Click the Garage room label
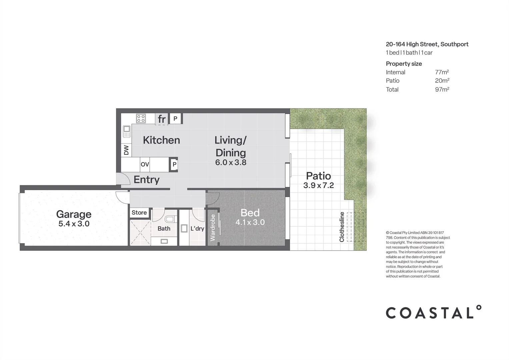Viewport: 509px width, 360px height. pyautogui.click(x=74, y=214)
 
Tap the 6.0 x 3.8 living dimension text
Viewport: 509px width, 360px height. pyautogui.click(x=231, y=163)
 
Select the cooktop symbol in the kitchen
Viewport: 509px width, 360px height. pyautogui.click(x=141, y=118)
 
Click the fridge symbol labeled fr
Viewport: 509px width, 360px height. pyautogui.click(x=162, y=119)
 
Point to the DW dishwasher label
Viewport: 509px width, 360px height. pyautogui.click(x=126, y=150)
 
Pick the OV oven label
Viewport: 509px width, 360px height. pyautogui.click(x=145, y=164)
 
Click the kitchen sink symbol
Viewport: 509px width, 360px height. pyautogui.click(x=127, y=131)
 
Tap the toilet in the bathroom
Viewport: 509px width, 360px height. pyautogui.click(x=170, y=219)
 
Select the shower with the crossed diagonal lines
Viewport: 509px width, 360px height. pyautogui.click(x=140, y=233)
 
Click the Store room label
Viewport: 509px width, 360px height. pyautogui.click(x=139, y=213)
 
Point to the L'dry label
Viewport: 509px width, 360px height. pyautogui.click(x=197, y=229)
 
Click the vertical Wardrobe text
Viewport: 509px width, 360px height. pyautogui.click(x=213, y=228)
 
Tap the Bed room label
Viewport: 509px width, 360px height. pyautogui.click(x=250, y=213)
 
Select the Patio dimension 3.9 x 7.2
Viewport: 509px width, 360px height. pyautogui.click(x=318, y=186)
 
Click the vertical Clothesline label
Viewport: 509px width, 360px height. pyautogui.click(x=342, y=227)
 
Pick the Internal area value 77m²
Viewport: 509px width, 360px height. pyautogui.click(x=442, y=72)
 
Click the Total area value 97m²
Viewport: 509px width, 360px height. pyautogui.click(x=442, y=89)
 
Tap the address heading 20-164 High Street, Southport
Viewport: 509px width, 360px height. pyautogui.click(x=427, y=44)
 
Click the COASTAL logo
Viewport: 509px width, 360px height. pyautogui.click(x=433, y=312)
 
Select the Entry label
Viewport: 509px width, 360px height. pyautogui.click(x=146, y=180)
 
